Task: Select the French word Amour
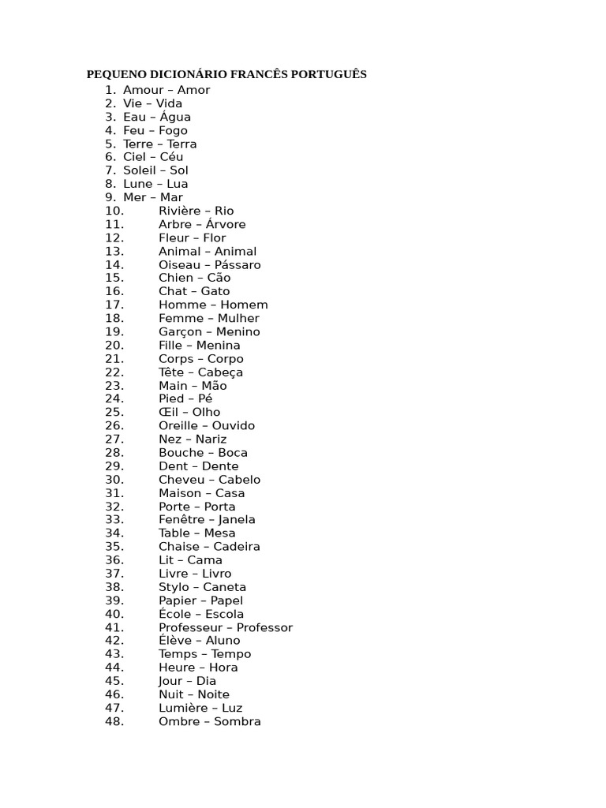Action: pyautogui.click(x=141, y=90)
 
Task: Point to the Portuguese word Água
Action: pyautogui.click(x=175, y=117)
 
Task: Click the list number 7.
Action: pyautogui.click(x=110, y=170)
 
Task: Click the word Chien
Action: pyautogui.click(x=175, y=278)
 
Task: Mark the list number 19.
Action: pyautogui.click(x=114, y=331)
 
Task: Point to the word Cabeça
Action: pyautogui.click(x=220, y=372)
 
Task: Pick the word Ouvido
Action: pyautogui.click(x=234, y=425)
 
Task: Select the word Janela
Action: pyautogui.click(x=237, y=519)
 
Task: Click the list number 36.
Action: pyautogui.click(x=114, y=560)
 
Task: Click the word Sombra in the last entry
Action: pyautogui.click(x=238, y=721)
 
